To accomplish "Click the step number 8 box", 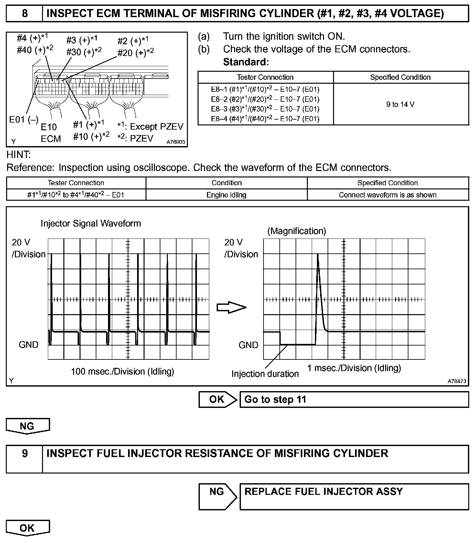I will [x=25, y=14].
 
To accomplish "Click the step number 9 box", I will [x=25, y=459].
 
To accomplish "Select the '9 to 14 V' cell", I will [x=400, y=104].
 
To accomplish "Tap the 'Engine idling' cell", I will [x=226, y=195].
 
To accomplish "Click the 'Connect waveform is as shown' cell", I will [x=387, y=195].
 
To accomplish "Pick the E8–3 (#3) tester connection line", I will [x=265, y=109].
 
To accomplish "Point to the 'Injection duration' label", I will [x=265, y=374].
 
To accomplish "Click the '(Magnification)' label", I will [x=297, y=231].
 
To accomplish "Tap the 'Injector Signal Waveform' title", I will [x=91, y=223].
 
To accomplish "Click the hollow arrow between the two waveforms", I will [x=231, y=307].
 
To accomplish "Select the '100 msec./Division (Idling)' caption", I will [x=123, y=372].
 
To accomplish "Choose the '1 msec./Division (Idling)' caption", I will [x=354, y=368].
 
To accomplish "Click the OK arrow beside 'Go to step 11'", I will [x=217, y=399].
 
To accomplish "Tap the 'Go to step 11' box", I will [x=354, y=399].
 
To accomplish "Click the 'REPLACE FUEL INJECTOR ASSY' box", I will [x=354, y=496].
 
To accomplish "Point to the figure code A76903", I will [x=176, y=142].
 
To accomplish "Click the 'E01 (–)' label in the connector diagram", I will [x=24, y=120].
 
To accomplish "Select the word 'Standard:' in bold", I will [x=246, y=62].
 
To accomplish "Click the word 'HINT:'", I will [x=18, y=155].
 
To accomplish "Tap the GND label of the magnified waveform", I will [x=248, y=345].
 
